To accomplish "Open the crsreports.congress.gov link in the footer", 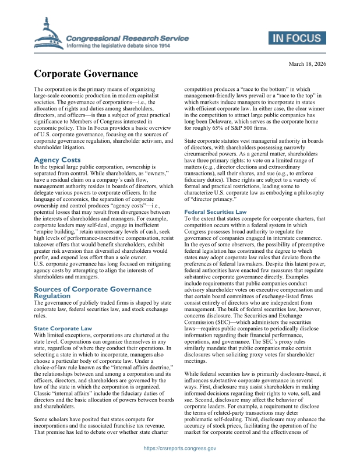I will coord(180,449).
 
